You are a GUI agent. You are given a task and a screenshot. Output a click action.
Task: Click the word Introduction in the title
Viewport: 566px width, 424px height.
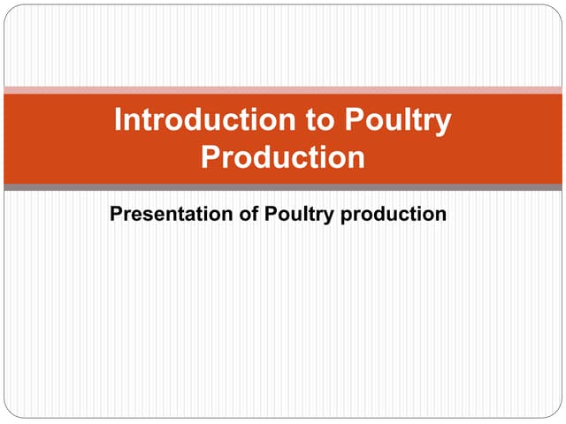(x=205, y=119)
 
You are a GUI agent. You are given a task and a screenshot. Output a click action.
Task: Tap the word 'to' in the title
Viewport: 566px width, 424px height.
(x=320, y=120)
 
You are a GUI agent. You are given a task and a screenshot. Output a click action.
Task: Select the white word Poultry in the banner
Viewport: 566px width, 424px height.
(x=398, y=122)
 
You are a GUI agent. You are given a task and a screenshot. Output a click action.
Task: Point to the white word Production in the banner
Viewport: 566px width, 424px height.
(x=283, y=157)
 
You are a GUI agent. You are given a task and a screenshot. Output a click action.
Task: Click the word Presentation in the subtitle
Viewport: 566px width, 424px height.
(x=172, y=214)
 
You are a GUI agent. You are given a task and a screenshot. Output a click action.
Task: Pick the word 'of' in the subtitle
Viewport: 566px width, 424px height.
(x=249, y=214)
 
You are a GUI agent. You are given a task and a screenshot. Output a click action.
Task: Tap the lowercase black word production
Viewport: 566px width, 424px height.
(x=394, y=215)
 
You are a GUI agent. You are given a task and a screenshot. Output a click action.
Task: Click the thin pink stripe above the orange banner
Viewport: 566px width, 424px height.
(x=283, y=90)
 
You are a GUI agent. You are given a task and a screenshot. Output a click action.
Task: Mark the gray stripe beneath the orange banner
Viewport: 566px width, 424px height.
(x=283, y=187)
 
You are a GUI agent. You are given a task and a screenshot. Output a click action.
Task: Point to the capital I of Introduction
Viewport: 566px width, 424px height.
(x=118, y=119)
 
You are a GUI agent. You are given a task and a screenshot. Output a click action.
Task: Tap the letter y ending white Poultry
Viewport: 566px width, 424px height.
(x=442, y=125)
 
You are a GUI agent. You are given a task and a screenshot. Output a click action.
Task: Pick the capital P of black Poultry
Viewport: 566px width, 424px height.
(x=272, y=214)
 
